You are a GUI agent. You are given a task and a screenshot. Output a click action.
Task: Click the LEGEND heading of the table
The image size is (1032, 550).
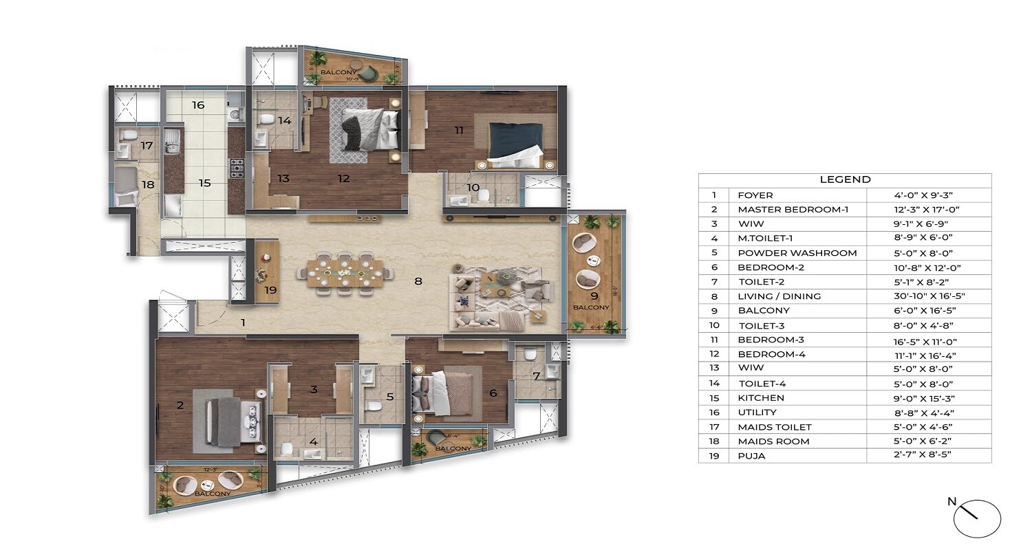click(845, 179)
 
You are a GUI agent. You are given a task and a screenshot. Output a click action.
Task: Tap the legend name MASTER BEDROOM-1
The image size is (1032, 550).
click(793, 210)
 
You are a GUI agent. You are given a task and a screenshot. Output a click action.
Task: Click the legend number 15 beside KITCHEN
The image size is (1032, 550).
click(714, 398)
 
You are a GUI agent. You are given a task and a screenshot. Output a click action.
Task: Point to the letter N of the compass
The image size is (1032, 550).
click(952, 502)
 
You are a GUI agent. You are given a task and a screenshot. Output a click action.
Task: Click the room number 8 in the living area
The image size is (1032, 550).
click(417, 280)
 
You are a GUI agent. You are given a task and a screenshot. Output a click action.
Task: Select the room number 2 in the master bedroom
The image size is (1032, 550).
click(180, 406)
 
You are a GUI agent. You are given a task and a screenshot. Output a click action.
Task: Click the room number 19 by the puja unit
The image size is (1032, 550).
click(270, 290)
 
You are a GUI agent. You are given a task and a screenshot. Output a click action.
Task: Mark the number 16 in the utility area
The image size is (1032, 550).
click(198, 105)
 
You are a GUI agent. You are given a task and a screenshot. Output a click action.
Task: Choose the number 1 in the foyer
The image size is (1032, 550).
click(242, 322)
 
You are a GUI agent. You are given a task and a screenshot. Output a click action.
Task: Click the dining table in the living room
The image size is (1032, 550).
click(343, 272)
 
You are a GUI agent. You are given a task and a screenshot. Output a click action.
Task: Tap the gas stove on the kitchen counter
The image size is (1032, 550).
click(236, 166)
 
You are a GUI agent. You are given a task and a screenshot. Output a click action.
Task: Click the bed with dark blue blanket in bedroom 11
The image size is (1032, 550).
click(515, 144)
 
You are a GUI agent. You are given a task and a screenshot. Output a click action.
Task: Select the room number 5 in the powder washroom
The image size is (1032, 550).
click(390, 396)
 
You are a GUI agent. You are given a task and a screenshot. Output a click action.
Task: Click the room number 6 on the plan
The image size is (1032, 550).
click(493, 393)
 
